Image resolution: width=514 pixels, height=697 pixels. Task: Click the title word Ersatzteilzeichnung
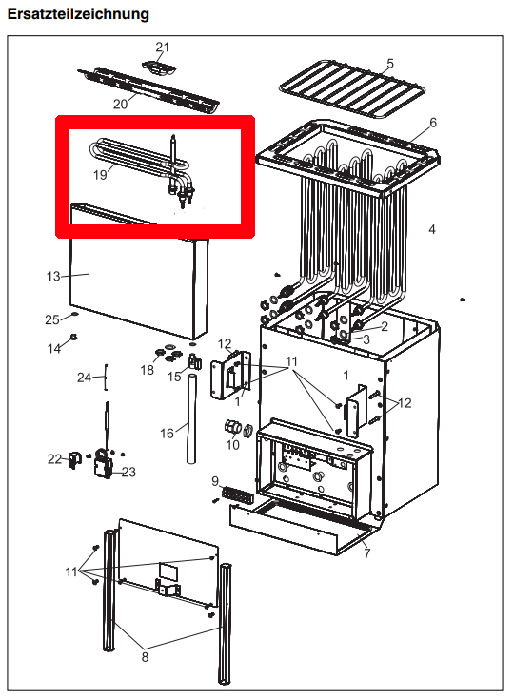click(78, 14)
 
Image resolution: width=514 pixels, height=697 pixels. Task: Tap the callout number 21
click(162, 48)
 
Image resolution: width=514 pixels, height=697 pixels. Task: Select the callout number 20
click(120, 103)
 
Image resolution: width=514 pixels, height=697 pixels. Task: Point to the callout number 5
click(389, 64)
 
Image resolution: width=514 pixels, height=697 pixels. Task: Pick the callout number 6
click(432, 124)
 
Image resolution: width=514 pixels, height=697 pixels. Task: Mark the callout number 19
click(100, 175)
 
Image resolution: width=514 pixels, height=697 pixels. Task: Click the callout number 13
click(53, 276)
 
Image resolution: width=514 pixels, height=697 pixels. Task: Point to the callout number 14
click(54, 349)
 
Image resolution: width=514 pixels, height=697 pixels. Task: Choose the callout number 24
click(85, 378)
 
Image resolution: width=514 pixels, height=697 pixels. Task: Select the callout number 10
click(232, 444)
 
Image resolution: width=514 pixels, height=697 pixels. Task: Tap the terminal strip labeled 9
click(234, 495)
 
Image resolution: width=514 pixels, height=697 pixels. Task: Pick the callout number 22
click(53, 459)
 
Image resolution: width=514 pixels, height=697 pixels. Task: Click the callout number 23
click(129, 471)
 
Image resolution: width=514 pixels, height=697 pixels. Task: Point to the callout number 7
click(367, 552)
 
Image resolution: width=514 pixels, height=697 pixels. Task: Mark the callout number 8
click(146, 655)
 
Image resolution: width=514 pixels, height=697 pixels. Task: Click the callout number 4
click(431, 229)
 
